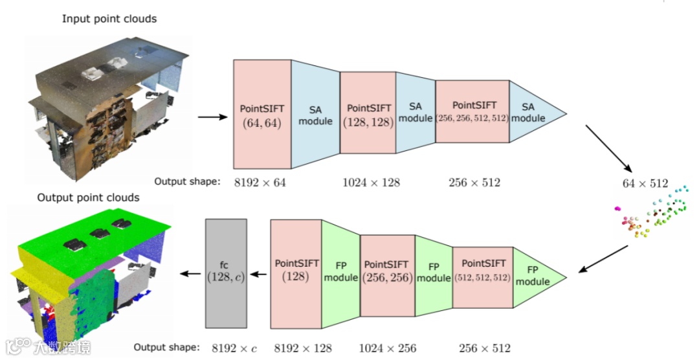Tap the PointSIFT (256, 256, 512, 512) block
click(472, 111)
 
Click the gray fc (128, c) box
click(226, 273)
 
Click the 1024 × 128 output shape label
click(371, 183)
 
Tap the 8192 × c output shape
click(234, 348)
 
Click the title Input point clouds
click(109, 19)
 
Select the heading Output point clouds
click(89, 197)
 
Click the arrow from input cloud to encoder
click(212, 117)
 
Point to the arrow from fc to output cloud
click(190, 274)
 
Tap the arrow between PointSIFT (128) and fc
click(258, 274)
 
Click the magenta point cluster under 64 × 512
click(618, 208)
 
